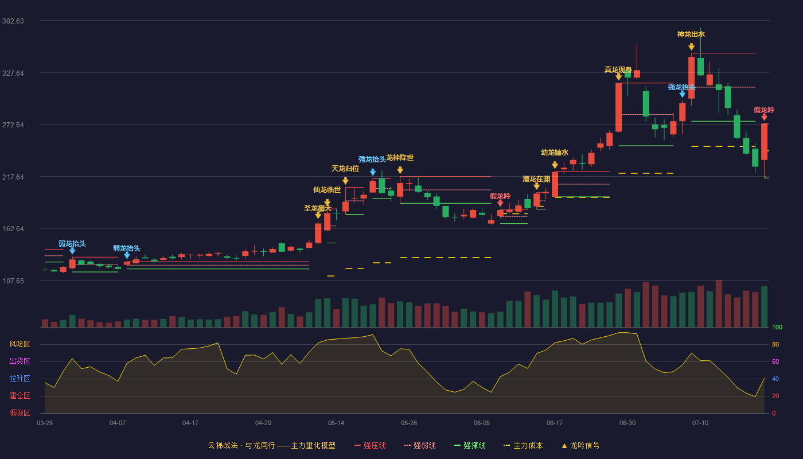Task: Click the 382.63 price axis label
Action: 13,21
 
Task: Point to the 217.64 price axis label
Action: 13,177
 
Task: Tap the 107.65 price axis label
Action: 13,281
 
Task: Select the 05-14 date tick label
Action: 336,423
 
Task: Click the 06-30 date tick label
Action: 627,423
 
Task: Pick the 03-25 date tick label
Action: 45,423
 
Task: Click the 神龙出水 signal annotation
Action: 691,34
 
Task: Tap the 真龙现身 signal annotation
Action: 618,69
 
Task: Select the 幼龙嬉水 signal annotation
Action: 555,153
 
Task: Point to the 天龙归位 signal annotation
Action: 345,169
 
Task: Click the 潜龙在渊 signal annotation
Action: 536,179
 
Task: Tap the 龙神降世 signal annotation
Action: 400,158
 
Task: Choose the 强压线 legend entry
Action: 370,445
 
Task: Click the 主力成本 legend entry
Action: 523,445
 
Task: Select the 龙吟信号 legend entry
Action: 580,445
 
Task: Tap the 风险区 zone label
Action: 20,344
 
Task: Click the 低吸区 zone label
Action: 20,413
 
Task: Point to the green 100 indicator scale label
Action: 777,327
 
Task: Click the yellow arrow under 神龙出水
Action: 692,46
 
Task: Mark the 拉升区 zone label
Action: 20,379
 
